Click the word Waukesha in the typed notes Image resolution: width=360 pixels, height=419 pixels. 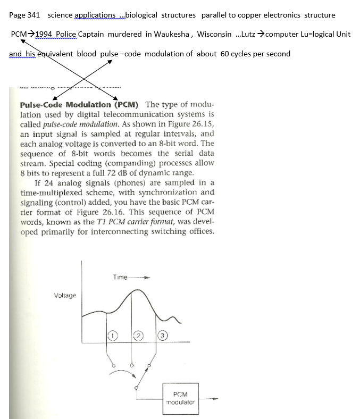coord(172,34)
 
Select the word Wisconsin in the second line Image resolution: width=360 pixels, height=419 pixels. coord(214,34)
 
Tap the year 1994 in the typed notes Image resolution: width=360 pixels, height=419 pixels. coord(45,34)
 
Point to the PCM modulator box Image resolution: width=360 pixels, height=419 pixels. coord(180,398)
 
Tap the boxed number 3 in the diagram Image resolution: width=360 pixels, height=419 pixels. coord(163,335)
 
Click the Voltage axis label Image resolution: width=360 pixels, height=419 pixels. coord(65,295)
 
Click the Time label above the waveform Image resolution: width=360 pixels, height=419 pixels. coord(120,277)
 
